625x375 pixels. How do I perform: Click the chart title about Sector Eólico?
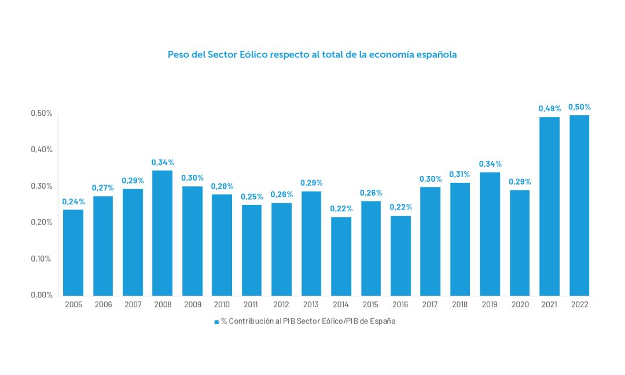(312, 55)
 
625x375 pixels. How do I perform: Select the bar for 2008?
(162, 233)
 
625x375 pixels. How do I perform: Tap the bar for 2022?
(579, 205)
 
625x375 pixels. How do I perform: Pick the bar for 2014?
(341, 256)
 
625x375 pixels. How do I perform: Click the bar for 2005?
(73, 252)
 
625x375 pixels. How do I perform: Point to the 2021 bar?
(549, 206)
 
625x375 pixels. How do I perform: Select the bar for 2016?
(400, 255)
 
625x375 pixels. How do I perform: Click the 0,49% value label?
(549, 108)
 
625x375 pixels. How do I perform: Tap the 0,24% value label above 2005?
(73, 201)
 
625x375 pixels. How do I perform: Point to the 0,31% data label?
(459, 174)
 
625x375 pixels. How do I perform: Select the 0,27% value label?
(103, 188)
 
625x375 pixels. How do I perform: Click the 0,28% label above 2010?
(222, 186)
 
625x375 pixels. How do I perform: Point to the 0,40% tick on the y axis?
(42, 149)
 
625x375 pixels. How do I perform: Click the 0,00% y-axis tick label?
(42, 295)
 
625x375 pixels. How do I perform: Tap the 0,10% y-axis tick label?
(42, 259)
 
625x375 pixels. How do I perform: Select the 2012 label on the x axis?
(281, 305)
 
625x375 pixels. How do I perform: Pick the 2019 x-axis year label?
(490, 305)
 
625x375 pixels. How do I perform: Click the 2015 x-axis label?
(370, 305)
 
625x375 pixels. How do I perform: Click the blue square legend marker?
(216, 322)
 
